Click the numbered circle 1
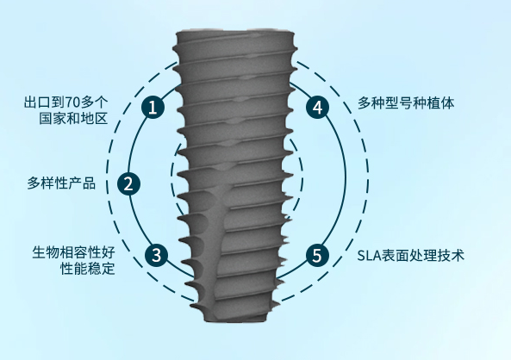tap(153, 107)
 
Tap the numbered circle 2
tap(128, 183)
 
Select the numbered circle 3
tap(156, 255)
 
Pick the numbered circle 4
tap(318, 107)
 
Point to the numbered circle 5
tap(317, 255)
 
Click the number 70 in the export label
tap(72, 102)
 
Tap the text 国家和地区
tap(73, 119)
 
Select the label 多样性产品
tap(61, 183)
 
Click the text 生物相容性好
tap(73, 252)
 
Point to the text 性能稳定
tap(88, 269)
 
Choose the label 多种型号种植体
tap(406, 103)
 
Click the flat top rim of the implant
tap(235, 33)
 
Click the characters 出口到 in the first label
tap(44, 102)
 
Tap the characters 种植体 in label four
tap(433, 103)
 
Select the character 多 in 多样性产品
tap(34, 183)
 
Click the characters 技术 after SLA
tap(451, 256)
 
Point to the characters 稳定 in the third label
tap(102, 269)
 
